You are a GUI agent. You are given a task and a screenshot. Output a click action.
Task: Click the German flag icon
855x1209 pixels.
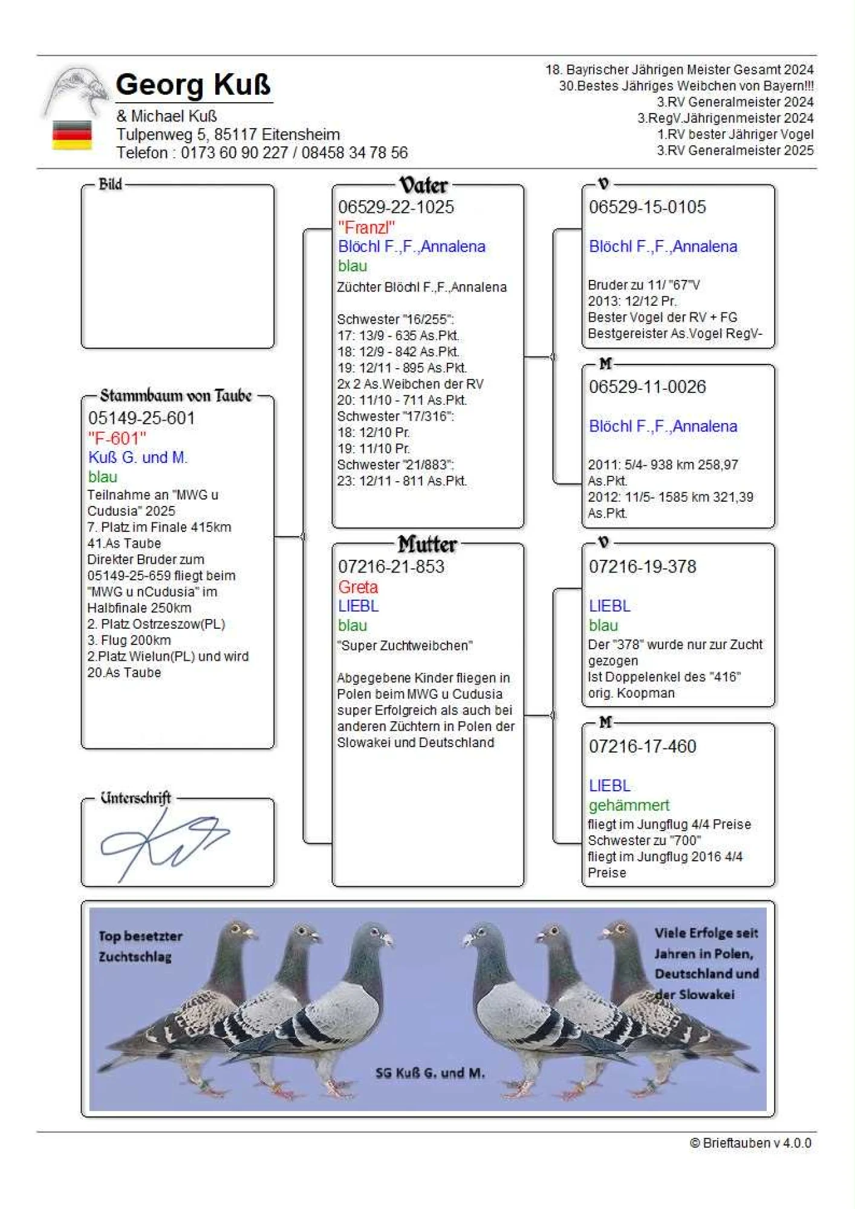pos(72,135)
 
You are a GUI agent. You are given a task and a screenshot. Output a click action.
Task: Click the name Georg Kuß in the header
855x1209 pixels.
pos(193,85)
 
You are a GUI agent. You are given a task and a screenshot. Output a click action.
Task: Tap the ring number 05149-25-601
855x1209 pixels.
pos(141,418)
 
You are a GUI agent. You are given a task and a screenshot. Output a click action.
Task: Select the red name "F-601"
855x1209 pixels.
pos(117,438)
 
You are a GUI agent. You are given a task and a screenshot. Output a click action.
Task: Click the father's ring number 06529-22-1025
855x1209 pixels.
pos(396,207)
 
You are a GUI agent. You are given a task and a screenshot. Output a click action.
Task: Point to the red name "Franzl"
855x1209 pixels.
pos(366,227)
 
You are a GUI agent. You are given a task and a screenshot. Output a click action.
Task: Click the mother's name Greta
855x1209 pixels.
pos(358,586)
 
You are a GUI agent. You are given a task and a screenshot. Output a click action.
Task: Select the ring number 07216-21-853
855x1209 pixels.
pos(391,566)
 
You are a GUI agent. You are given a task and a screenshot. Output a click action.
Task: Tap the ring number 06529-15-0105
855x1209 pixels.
pos(647,207)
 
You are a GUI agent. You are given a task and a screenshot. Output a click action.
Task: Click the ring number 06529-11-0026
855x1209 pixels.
pos(647,386)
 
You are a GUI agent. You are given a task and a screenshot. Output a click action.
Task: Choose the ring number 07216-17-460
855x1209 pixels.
pos(642,746)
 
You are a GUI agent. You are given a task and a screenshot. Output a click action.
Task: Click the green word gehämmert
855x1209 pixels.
pos(629,805)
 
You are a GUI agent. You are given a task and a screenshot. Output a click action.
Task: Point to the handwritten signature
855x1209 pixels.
pos(163,842)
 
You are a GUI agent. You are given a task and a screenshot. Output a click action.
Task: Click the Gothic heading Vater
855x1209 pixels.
pos(423,184)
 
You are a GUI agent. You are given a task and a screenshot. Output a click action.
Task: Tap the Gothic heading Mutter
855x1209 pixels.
pos(427,544)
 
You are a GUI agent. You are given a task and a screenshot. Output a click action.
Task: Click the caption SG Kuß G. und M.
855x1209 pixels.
pos(430,1073)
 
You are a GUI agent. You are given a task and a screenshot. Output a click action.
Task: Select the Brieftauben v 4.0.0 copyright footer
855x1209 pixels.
pos(750,1143)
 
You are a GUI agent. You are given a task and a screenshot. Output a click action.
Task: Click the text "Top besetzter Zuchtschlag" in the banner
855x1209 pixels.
pos(140,946)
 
